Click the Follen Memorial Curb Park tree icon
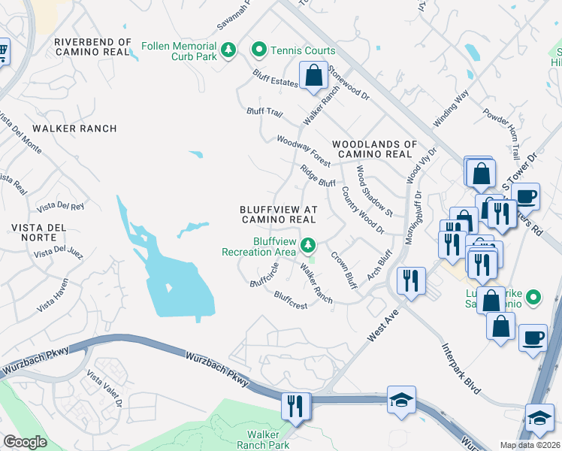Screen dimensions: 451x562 click(x=228, y=51)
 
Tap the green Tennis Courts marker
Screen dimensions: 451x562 click(x=259, y=50)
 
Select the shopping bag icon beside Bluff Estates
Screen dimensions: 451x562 click(x=312, y=76)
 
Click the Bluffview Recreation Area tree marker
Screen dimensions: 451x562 click(x=307, y=245)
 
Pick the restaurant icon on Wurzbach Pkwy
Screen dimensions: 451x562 click(x=295, y=406)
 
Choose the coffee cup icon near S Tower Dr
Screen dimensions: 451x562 click(x=527, y=196)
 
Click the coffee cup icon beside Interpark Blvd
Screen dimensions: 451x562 click(x=533, y=337)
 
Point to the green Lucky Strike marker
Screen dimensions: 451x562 click(x=533, y=298)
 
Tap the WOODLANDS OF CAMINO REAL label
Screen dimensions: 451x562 click(x=374, y=148)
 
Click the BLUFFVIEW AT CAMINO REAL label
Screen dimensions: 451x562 click(x=277, y=214)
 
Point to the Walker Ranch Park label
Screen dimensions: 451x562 click(x=258, y=440)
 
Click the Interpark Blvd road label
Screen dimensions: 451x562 click(x=459, y=365)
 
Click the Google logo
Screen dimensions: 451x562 click(x=25, y=442)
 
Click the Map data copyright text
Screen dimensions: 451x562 click(x=529, y=445)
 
